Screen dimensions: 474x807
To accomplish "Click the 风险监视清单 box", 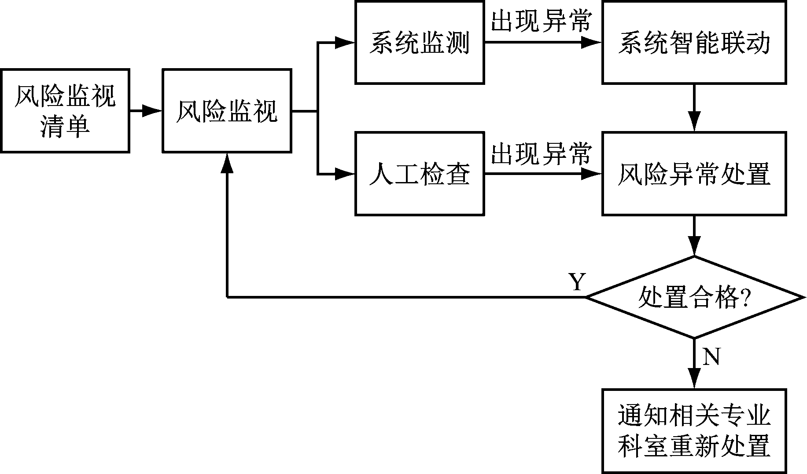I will point(65,111).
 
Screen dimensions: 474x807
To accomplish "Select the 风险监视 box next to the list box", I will point(227,111).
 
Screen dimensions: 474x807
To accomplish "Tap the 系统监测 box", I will point(420,43).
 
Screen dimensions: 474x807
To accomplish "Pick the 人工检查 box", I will point(420,173).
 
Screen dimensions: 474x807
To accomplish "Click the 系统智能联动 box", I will point(694,43).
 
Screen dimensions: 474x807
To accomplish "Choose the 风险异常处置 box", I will point(694,173).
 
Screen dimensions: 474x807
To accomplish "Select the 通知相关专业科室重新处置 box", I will point(694,431).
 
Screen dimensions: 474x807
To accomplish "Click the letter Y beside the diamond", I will point(577,282).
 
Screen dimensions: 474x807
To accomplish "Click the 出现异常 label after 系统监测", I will point(541,21).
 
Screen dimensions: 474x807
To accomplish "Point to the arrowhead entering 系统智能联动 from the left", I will point(592,43).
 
